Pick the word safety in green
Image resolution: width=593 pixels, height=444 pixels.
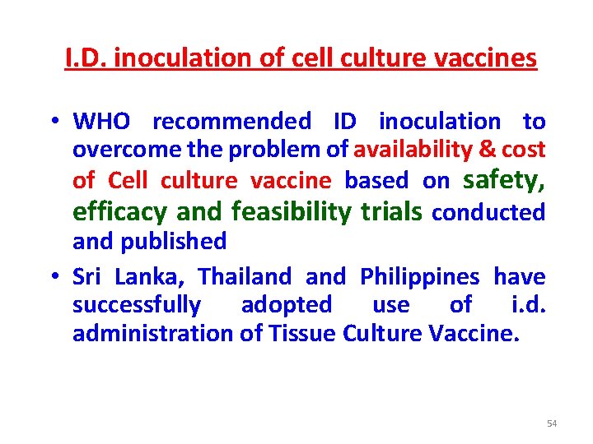click(x=505, y=178)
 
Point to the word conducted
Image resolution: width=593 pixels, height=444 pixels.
click(x=488, y=213)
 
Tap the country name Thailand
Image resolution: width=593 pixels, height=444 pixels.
click(x=245, y=276)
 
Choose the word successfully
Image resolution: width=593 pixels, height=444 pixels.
click(x=137, y=305)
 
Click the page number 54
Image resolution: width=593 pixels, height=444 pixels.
click(x=552, y=423)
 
